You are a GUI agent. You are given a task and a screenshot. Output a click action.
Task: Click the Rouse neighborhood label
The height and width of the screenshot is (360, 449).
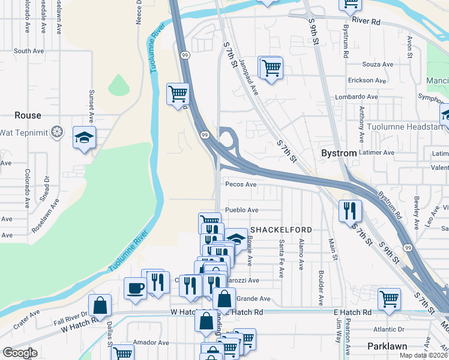[x=28, y=115]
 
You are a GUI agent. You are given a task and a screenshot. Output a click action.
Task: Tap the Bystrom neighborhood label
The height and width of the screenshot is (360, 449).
[x=339, y=153]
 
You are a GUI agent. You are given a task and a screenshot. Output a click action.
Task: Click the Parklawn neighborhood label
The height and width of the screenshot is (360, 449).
[x=387, y=346]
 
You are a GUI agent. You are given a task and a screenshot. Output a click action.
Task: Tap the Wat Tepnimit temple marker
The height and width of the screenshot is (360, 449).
[x=57, y=131]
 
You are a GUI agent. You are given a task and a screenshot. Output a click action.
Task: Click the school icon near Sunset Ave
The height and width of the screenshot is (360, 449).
[x=85, y=137]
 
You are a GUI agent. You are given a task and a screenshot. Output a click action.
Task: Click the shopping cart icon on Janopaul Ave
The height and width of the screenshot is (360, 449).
[x=271, y=67]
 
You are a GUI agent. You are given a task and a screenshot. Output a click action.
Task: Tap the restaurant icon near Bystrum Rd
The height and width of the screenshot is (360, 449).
[x=351, y=211]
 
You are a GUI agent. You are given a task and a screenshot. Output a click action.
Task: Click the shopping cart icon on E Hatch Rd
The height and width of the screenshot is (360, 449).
[x=390, y=298]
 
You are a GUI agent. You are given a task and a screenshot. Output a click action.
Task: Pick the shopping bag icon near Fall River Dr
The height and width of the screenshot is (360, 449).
[x=100, y=305]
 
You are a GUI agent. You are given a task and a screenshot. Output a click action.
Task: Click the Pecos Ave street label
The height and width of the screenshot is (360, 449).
[x=241, y=185]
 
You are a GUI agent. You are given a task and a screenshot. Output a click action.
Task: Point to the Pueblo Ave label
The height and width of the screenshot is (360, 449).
[x=241, y=210]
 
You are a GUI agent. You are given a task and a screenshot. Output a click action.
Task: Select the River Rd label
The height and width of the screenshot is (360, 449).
[x=367, y=21]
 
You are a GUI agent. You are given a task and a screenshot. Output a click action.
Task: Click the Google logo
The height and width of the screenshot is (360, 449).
[x=19, y=353]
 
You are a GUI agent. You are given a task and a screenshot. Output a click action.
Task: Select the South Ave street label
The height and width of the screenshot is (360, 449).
[x=31, y=51]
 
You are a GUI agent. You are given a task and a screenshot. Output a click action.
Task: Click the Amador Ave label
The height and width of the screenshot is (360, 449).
[x=151, y=343]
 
